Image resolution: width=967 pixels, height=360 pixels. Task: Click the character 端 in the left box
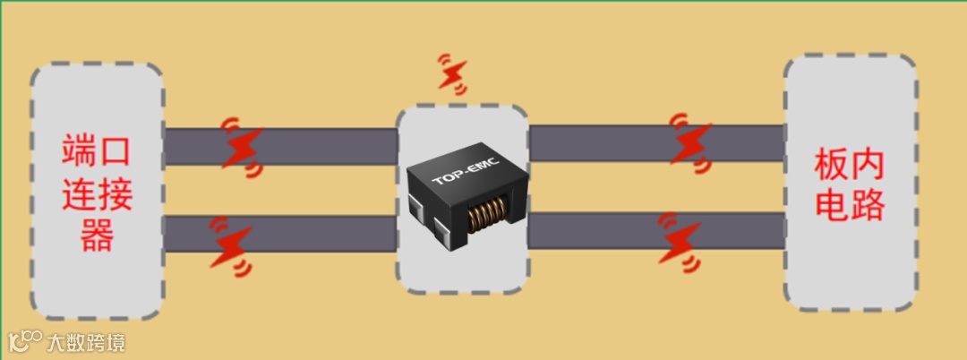pos(80,151)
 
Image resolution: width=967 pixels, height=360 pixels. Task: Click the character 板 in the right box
pos(832,165)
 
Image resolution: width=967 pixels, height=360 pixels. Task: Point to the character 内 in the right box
pos(868,165)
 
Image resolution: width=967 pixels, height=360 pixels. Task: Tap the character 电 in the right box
pos(832,206)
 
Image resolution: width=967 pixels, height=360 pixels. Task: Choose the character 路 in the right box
pos(868,206)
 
